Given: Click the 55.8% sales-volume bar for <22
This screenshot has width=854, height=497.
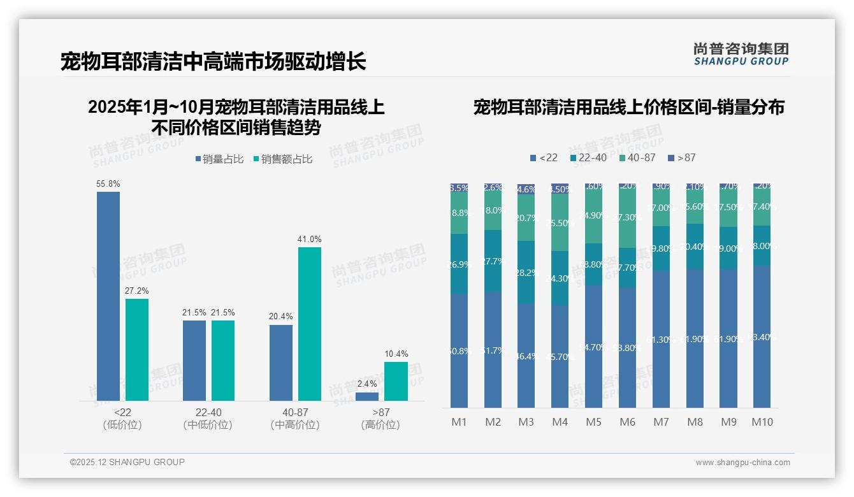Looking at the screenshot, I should coord(108,296).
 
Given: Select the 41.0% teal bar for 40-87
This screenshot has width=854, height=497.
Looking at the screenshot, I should coord(310,324).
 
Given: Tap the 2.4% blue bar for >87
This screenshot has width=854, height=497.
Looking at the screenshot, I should coord(366,396).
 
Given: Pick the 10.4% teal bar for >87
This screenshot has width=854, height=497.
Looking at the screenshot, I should coord(396,381).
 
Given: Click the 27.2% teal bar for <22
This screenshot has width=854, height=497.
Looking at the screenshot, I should coord(137,349).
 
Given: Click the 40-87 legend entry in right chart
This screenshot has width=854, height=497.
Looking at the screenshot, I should coord(637,157).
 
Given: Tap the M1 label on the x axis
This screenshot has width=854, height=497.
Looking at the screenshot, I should coord(460,422).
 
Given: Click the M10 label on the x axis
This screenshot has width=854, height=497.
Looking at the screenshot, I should coord(762,422).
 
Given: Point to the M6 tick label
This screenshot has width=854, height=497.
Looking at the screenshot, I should coord(627,422).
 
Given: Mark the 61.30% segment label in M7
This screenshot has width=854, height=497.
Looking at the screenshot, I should coord(661,340).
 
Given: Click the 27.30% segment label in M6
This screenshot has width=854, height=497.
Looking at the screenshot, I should coord(627,217).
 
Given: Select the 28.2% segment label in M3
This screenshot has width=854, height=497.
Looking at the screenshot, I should coord(526,273).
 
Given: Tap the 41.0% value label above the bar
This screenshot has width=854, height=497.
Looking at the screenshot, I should coord(310,239).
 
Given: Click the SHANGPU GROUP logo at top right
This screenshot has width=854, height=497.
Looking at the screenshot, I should coord(741,54).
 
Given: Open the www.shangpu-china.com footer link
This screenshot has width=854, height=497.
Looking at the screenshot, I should coord(742,463).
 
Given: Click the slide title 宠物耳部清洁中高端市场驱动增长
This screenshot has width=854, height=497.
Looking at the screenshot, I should coord(213,62).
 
